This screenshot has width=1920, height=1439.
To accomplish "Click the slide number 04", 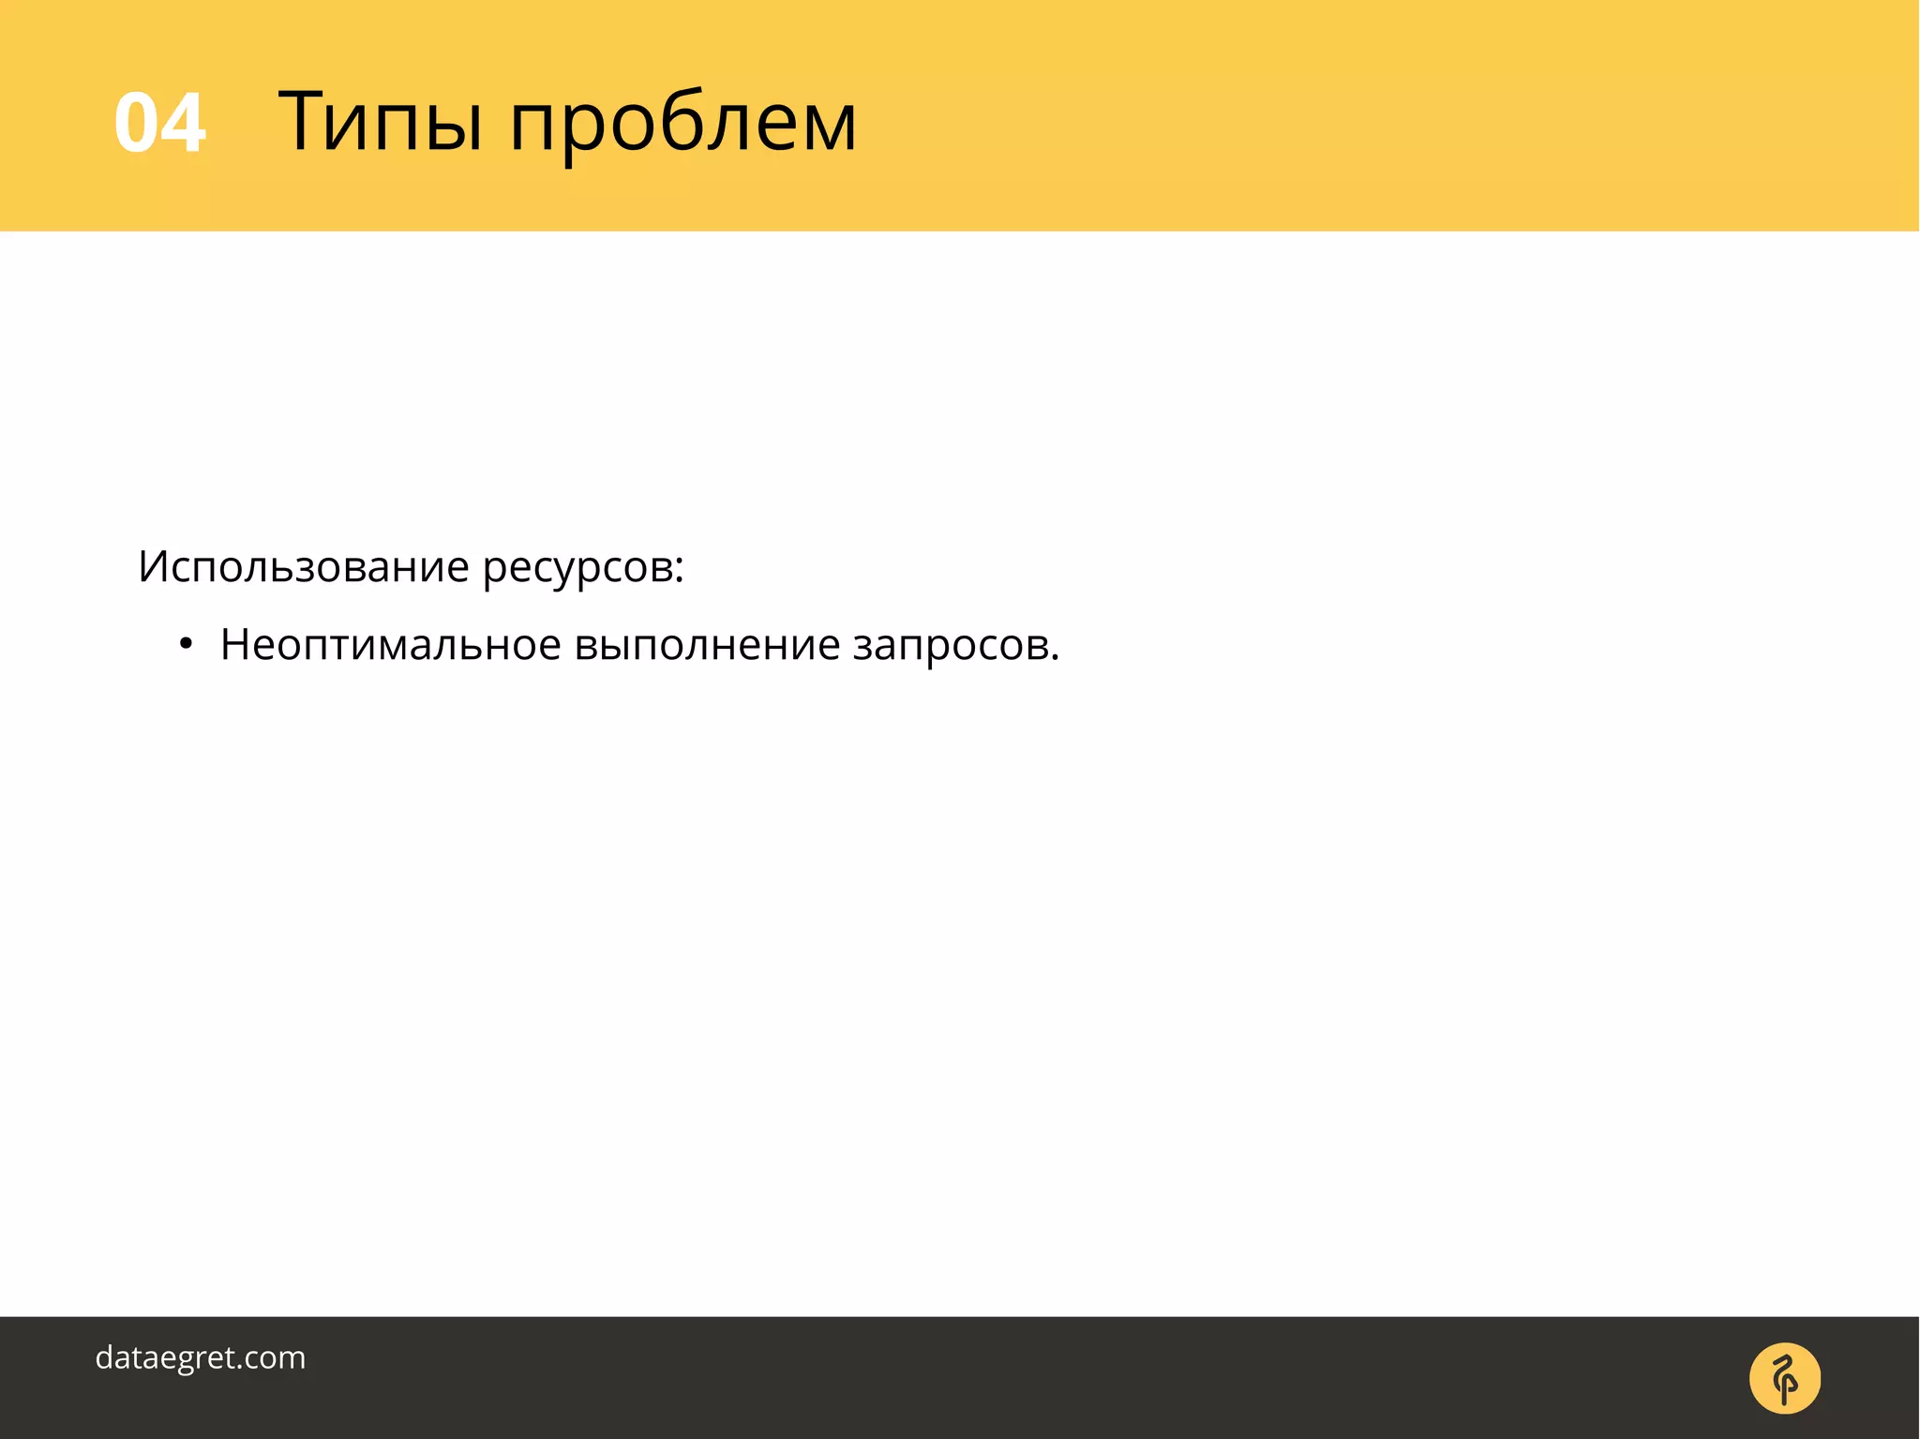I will pyautogui.click(x=159, y=123).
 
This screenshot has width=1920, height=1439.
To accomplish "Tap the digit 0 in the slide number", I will pyautogui.click(x=136, y=123).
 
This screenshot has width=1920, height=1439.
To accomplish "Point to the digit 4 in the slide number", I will pyautogui.click(x=184, y=123).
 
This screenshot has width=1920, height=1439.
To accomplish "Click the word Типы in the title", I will pyautogui.click(x=380, y=122).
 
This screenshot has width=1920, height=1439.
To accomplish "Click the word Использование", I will pyautogui.click(x=304, y=566).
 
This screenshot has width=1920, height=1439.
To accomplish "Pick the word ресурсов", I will pyautogui.click(x=576, y=569).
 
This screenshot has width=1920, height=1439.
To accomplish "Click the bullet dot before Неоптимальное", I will pyautogui.click(x=186, y=645).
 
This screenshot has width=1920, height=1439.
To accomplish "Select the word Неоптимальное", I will pyautogui.click(x=390, y=645).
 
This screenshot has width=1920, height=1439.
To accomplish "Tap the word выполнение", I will pyautogui.click(x=707, y=645).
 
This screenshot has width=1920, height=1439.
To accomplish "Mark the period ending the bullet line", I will pyautogui.click(x=1055, y=657).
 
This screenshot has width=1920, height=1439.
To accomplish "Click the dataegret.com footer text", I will pyautogui.click(x=201, y=1357).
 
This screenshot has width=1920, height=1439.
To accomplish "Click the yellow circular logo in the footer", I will pyautogui.click(x=1784, y=1378).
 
